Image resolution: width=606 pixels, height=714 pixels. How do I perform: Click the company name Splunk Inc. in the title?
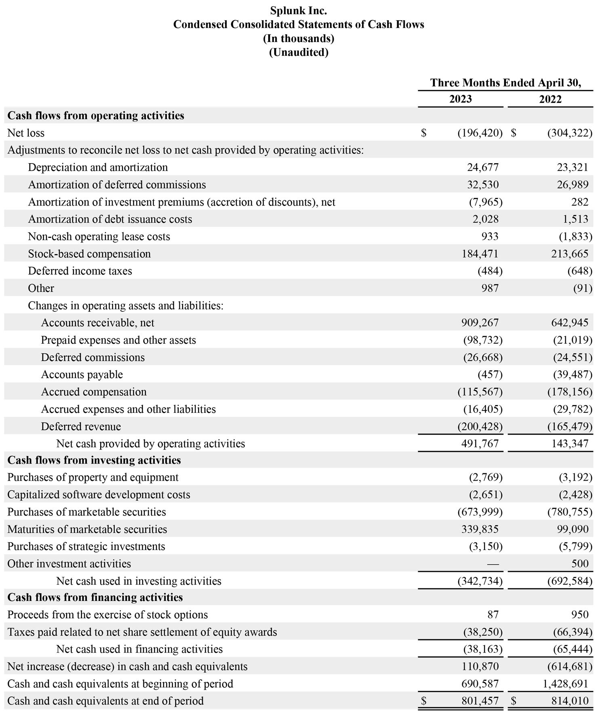(x=299, y=10)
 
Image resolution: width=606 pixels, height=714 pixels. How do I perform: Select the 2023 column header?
(x=460, y=99)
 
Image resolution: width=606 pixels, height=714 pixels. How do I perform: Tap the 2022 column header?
(x=550, y=99)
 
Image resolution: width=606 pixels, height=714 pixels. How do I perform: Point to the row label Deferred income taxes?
(x=80, y=271)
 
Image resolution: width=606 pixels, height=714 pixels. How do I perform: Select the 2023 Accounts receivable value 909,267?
(x=480, y=323)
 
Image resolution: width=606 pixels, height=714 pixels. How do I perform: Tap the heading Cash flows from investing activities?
(x=94, y=460)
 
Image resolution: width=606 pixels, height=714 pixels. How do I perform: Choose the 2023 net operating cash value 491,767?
(x=480, y=443)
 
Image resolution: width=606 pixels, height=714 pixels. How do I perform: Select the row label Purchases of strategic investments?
(x=86, y=546)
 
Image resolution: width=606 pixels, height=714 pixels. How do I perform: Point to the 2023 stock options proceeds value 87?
(x=493, y=615)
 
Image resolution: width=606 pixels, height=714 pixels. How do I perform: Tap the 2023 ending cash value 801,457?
(x=480, y=701)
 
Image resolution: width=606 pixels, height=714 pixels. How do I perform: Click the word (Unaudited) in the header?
(x=299, y=52)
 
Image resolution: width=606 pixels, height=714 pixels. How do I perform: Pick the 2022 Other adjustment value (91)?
(x=583, y=288)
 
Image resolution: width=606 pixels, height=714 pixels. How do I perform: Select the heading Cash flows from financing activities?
(x=95, y=597)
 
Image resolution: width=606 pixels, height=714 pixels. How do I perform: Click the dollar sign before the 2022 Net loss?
(x=513, y=133)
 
